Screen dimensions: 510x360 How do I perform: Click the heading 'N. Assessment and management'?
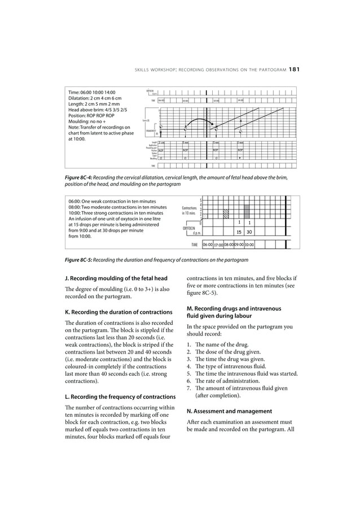[230, 411]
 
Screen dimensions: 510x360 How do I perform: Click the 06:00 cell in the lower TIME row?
[208, 245]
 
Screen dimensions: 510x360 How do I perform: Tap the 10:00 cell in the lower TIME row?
[249, 245]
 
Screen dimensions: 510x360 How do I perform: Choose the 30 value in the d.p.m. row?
[249, 232]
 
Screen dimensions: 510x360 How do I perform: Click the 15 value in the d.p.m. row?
[239, 232]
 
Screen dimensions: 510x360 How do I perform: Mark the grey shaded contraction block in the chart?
[247, 211]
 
